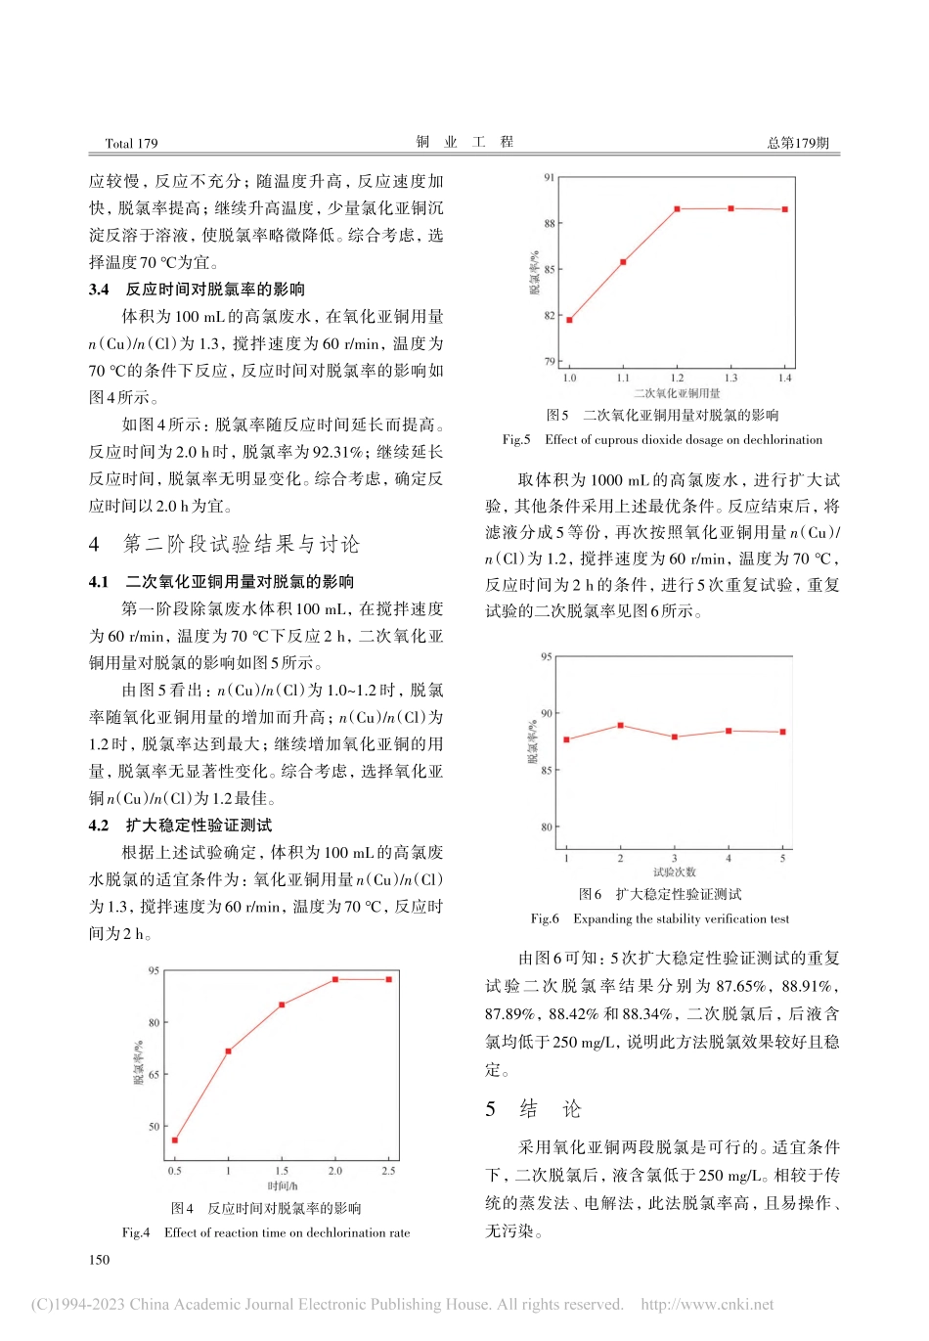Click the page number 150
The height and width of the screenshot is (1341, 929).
(x=99, y=1260)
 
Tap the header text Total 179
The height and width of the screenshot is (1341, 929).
(x=131, y=144)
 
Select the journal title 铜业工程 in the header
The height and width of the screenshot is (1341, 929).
(x=464, y=143)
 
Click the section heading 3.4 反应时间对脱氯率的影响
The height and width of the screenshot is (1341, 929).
(x=197, y=290)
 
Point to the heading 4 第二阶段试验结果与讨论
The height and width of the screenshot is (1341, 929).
(x=224, y=545)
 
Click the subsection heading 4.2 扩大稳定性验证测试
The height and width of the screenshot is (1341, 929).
(x=180, y=826)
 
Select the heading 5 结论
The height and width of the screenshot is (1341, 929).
(x=533, y=1109)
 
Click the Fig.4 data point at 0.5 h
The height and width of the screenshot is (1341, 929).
(x=175, y=1140)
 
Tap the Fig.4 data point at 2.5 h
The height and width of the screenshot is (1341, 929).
(x=388, y=979)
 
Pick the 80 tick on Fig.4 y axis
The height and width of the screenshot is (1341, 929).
(x=154, y=1023)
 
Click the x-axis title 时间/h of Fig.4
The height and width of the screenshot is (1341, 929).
(x=282, y=1186)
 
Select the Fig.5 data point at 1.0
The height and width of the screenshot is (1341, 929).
(x=569, y=320)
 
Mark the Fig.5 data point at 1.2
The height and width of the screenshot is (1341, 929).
(x=677, y=209)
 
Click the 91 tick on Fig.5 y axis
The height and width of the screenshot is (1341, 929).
(x=550, y=178)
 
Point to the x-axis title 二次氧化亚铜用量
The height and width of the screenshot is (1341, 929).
(x=677, y=393)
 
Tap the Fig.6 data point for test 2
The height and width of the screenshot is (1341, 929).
(x=620, y=726)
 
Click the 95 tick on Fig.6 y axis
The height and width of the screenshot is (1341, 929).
(x=546, y=657)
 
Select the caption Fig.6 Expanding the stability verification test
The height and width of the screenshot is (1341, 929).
(x=660, y=919)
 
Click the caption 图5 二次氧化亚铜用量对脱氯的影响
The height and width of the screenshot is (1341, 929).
(x=662, y=416)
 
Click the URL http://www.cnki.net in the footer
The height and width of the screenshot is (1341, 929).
(x=706, y=1305)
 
